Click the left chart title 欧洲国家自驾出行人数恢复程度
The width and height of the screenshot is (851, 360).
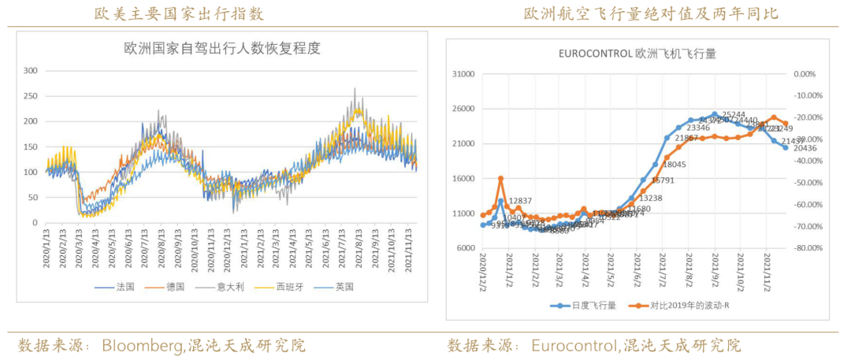[222, 48]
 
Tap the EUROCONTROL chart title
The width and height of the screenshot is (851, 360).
[636, 54]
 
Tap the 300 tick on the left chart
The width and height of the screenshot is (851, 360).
[31, 70]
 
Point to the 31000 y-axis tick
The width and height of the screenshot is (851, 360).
[463, 74]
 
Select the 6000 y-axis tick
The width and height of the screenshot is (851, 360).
[466, 248]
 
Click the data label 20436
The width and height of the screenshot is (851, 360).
[805, 149]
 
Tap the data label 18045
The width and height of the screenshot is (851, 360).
[674, 165]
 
